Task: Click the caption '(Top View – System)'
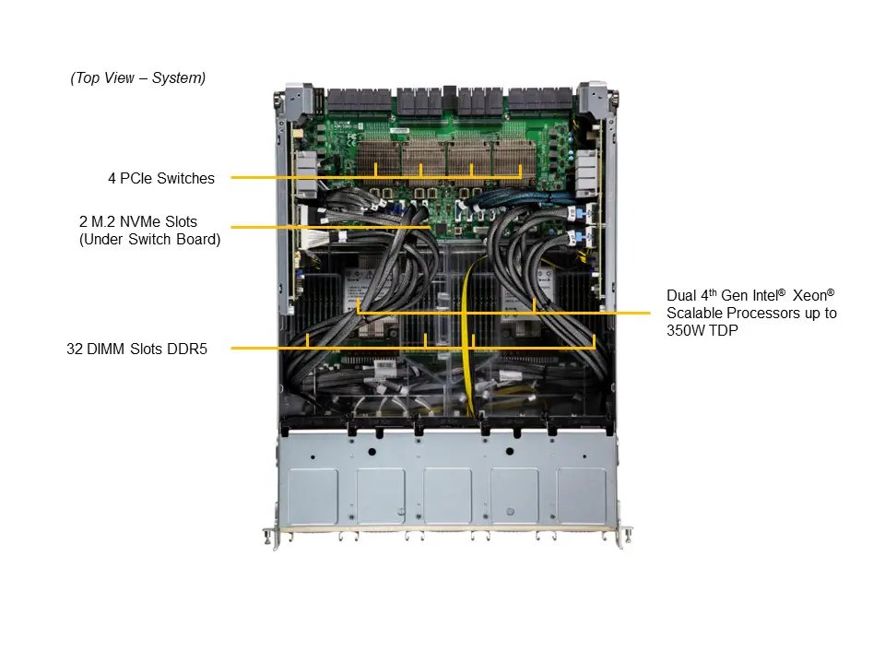138,78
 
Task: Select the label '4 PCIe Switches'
161,178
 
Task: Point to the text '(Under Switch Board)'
149,240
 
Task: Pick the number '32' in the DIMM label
76,349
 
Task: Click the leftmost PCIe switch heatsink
376,157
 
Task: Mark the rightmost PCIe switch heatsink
520,157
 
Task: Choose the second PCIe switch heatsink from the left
421,157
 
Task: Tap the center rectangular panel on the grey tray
447,496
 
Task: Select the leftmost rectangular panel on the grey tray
313,496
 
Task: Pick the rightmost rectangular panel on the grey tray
582,496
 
